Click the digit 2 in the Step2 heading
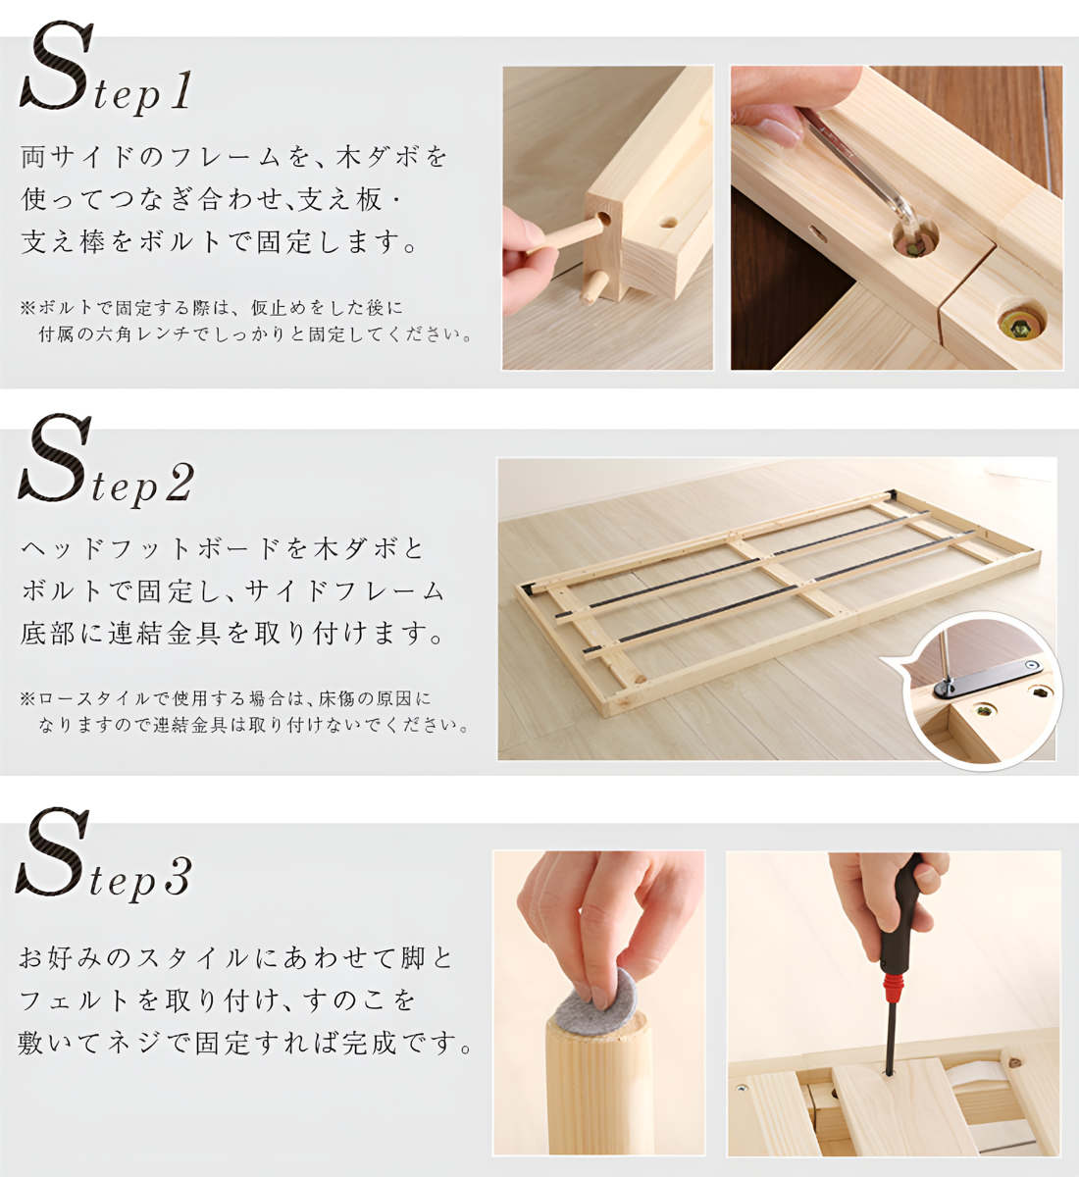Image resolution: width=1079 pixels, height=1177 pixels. [179, 483]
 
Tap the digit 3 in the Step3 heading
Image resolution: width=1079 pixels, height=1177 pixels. [178, 877]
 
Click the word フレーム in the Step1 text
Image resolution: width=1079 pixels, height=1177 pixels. [225, 157]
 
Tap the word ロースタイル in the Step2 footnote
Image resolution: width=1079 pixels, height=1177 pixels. [95, 698]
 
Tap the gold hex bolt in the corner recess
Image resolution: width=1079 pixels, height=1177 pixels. [1021, 325]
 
